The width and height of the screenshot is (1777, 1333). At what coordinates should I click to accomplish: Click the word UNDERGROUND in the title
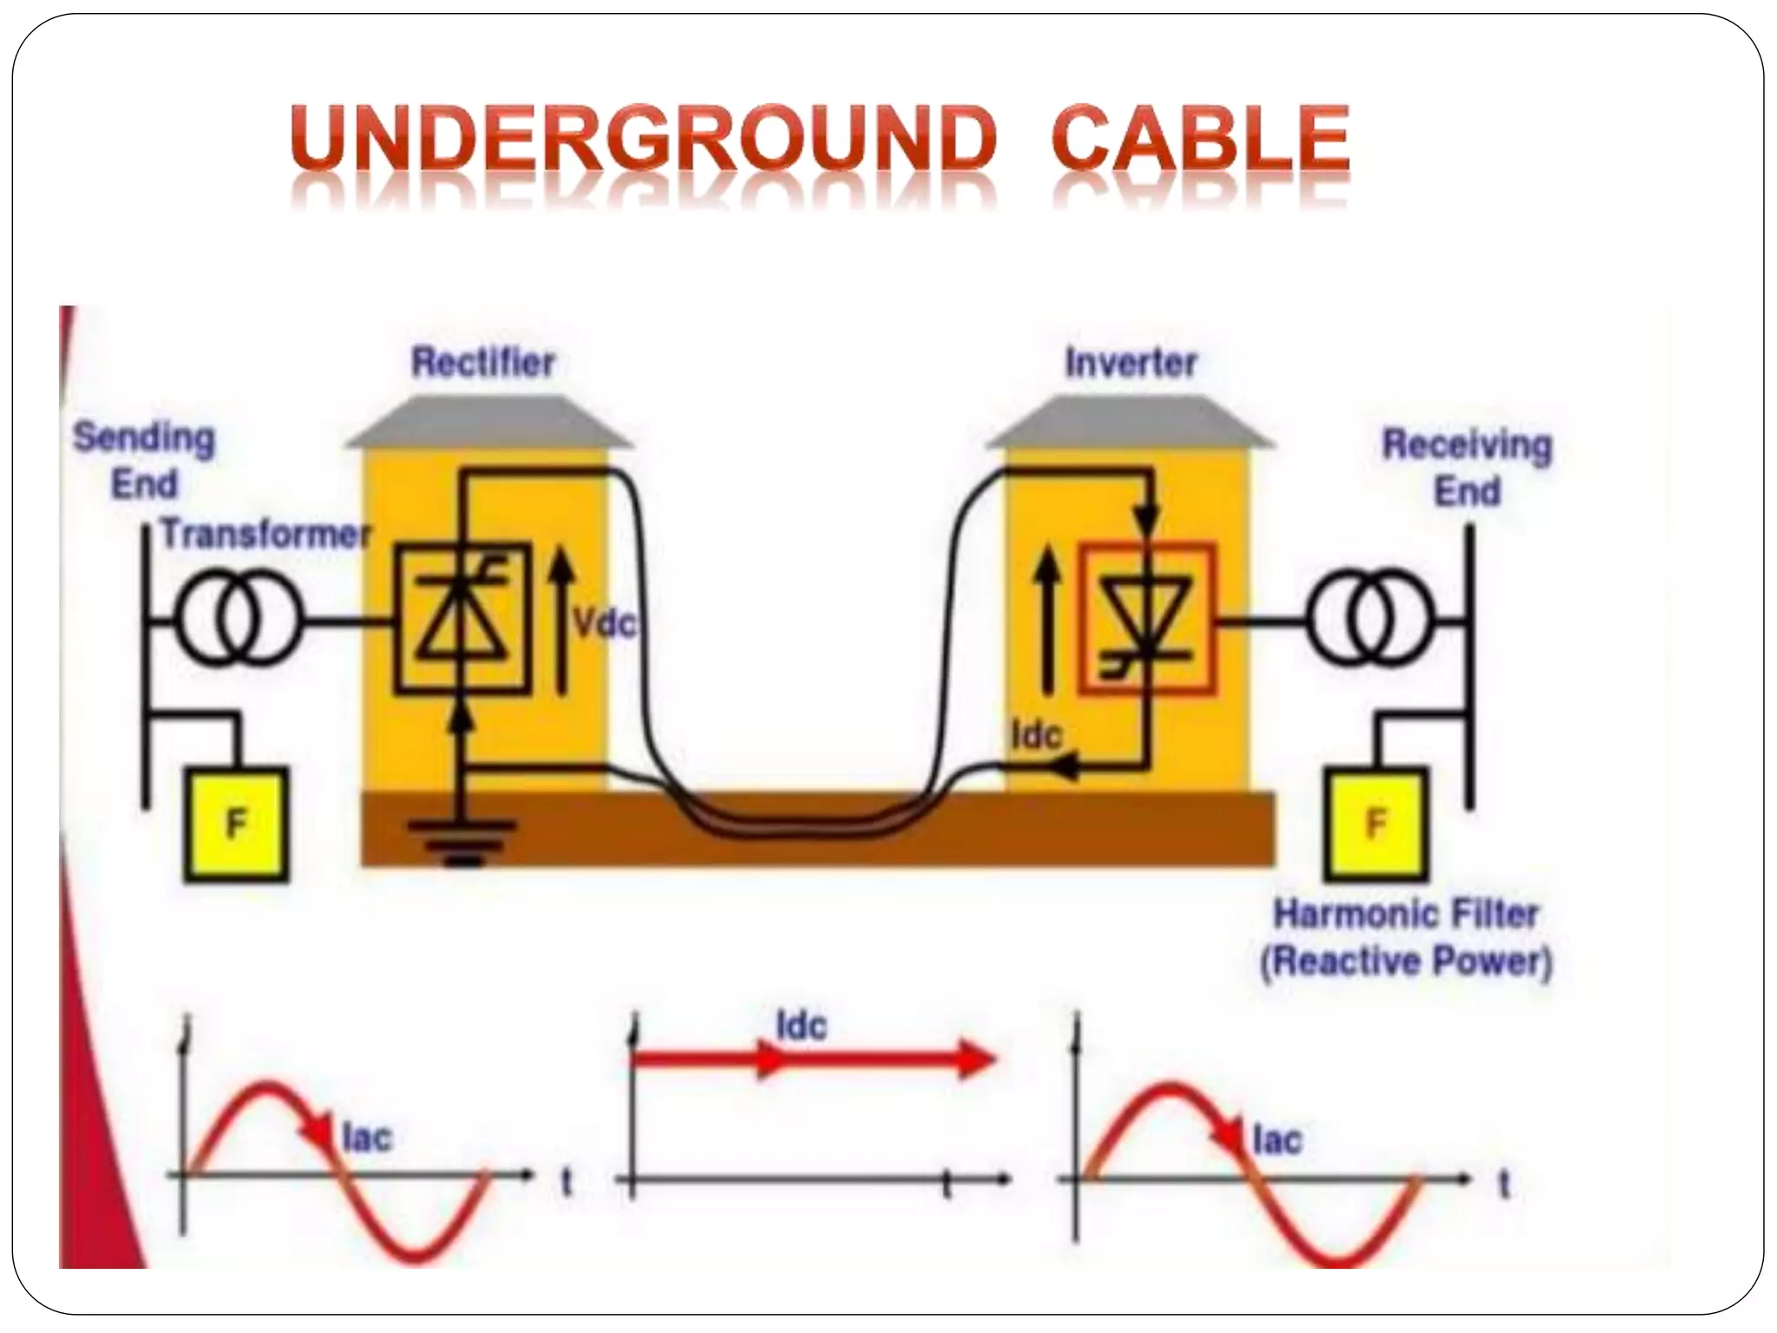click(x=642, y=139)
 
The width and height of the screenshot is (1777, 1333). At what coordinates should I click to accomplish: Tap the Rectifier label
click(x=482, y=363)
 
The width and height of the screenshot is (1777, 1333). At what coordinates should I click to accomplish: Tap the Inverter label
click(x=1131, y=363)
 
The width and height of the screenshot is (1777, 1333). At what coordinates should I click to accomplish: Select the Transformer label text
click(x=266, y=534)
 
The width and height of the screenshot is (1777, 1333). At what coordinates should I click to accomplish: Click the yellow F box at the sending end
click(x=236, y=824)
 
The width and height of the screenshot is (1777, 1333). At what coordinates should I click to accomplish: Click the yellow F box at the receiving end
click(x=1375, y=824)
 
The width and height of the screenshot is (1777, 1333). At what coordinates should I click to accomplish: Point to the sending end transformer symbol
click(x=239, y=621)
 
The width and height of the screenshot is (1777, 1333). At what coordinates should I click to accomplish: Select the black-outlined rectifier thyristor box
click(x=462, y=618)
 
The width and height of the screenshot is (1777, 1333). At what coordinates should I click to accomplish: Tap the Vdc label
click(x=604, y=622)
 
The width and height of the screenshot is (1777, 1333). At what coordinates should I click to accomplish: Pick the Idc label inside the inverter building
click(x=1036, y=736)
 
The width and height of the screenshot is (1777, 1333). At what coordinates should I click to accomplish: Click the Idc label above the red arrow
click(x=801, y=1027)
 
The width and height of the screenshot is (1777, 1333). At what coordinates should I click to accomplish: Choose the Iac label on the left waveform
click(x=366, y=1137)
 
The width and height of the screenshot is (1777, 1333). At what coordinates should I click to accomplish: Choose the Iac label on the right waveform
click(x=1276, y=1139)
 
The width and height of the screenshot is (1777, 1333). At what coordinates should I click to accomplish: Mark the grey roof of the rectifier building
click(x=488, y=423)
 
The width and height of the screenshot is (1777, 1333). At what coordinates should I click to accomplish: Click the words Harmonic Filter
click(x=1405, y=914)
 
